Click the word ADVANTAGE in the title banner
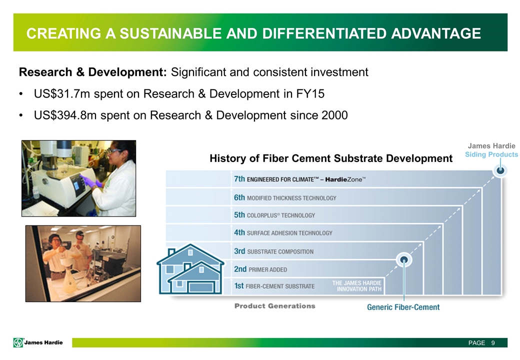point(436,33)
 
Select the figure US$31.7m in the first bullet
point(62,94)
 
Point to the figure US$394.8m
point(65,115)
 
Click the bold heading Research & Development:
point(93,72)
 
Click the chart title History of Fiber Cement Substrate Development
point(331,158)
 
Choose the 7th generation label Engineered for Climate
point(300,179)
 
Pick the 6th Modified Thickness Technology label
point(285,198)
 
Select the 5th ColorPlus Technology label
point(274,215)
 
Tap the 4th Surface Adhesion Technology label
point(283,232)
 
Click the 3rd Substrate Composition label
point(273,251)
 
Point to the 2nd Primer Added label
point(260,269)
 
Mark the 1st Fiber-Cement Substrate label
point(274,286)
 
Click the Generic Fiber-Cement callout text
point(403,307)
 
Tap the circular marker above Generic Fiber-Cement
point(404,260)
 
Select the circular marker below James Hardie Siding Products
point(500,170)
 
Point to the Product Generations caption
point(275,306)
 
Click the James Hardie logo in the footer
point(38,342)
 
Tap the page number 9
point(493,343)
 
